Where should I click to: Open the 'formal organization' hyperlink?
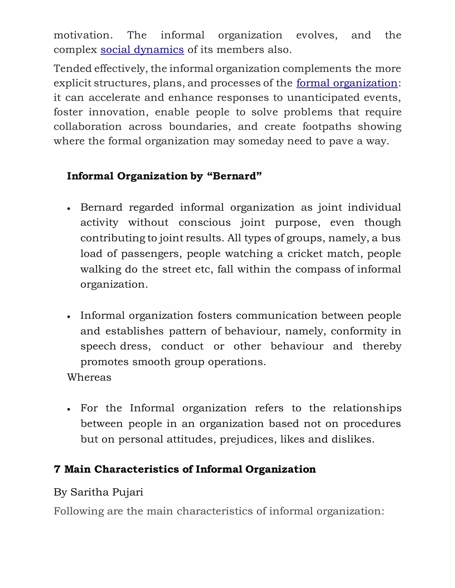pyautogui.click(x=347, y=83)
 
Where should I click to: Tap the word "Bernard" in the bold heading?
pyautogui.click(x=234, y=176)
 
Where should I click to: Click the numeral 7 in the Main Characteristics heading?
pyautogui.click(x=57, y=469)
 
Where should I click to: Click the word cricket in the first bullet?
pyautogui.click(x=305, y=254)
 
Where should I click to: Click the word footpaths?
pyautogui.click(x=327, y=126)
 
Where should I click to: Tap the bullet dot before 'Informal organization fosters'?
pyautogui.click(x=69, y=317)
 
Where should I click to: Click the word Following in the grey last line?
pyautogui.click(x=79, y=511)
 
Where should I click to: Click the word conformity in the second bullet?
pyautogui.click(x=359, y=331)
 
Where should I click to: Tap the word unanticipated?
pyautogui.click(x=323, y=97)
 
